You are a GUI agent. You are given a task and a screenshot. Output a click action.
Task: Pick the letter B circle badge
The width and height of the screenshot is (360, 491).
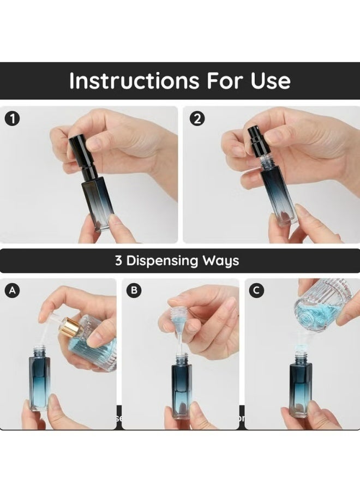pyautogui.click(x=133, y=290)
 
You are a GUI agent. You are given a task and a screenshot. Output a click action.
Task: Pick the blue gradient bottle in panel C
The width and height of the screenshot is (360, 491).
pyautogui.click(x=300, y=385)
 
